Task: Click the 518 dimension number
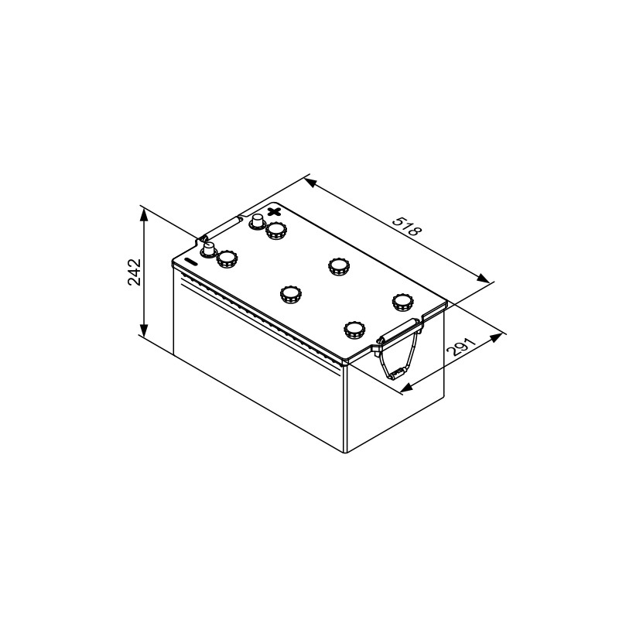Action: point(407,226)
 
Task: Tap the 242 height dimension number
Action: point(134,272)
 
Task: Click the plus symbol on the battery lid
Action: point(274,211)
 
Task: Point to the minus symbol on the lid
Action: point(191,262)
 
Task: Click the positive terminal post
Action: point(257,221)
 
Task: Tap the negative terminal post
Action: point(208,250)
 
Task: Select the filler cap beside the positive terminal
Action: point(276,231)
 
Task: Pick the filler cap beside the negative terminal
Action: point(227,259)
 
